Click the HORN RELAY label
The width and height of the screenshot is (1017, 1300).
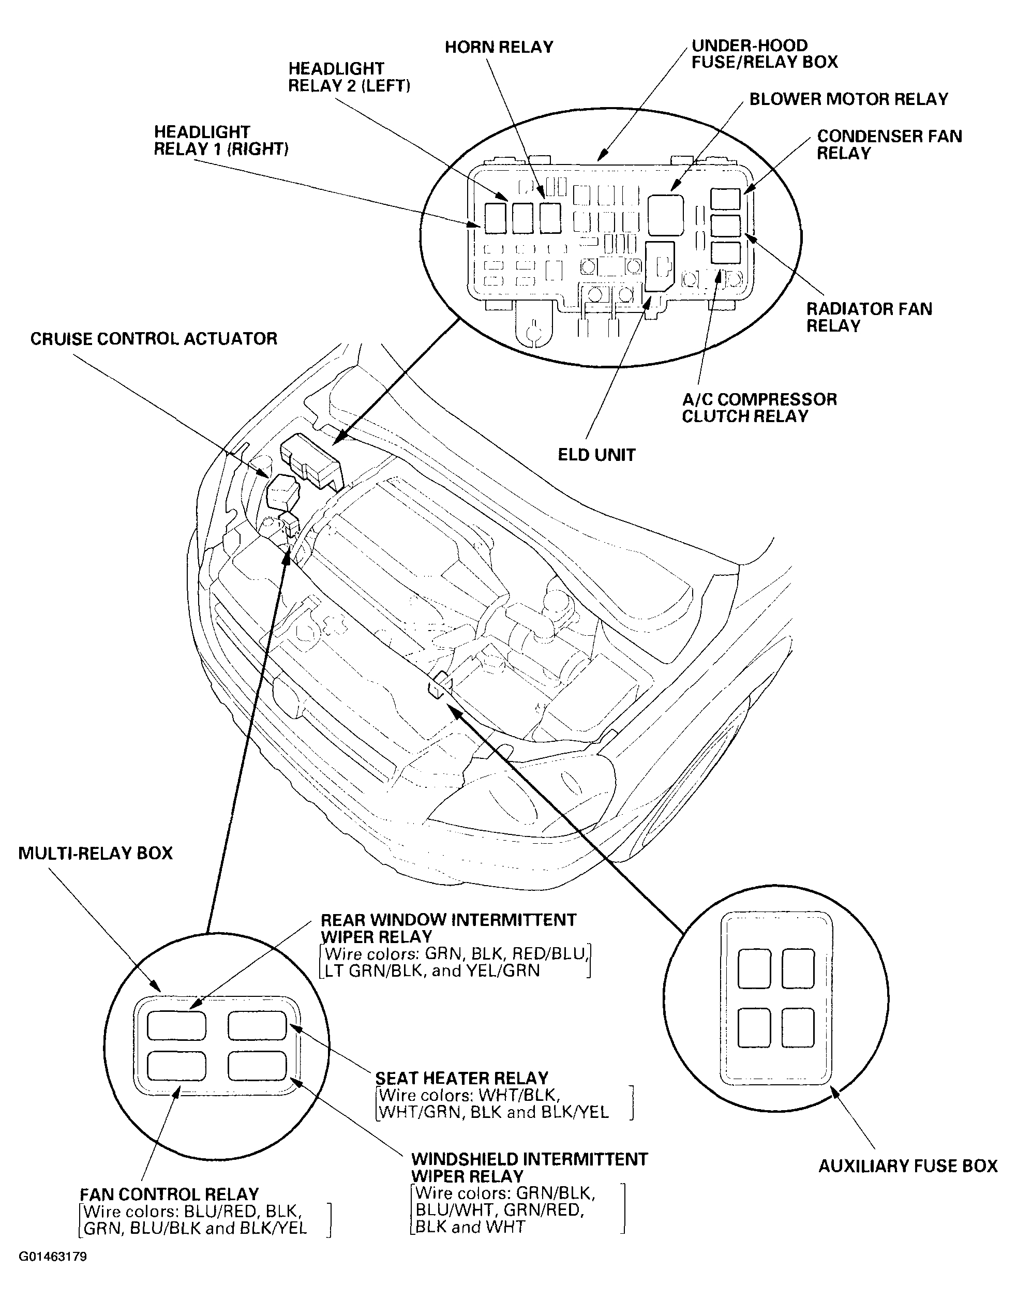point(499,48)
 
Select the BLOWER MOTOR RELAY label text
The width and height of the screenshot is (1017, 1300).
point(848,99)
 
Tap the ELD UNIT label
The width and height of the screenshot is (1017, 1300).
point(596,455)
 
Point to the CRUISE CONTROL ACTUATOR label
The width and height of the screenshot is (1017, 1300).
point(154,339)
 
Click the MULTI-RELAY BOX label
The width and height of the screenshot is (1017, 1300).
point(95,854)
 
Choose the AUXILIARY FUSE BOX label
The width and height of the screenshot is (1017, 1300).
point(907,1166)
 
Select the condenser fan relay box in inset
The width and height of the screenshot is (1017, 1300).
point(725,199)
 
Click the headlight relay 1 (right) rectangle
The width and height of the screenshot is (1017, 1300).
point(496,218)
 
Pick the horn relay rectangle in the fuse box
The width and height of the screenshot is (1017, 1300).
point(550,218)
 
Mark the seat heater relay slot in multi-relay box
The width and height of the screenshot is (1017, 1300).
point(257,1025)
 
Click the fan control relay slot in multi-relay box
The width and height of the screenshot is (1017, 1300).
point(176,1066)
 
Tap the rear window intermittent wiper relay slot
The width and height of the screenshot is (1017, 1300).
point(176,1025)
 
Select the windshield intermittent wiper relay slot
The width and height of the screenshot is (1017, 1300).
point(257,1066)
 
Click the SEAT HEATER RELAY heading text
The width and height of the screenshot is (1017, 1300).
point(461,1079)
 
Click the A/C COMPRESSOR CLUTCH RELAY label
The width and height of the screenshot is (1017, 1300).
point(759,408)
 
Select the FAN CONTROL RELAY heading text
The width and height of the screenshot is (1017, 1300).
point(169,1195)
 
